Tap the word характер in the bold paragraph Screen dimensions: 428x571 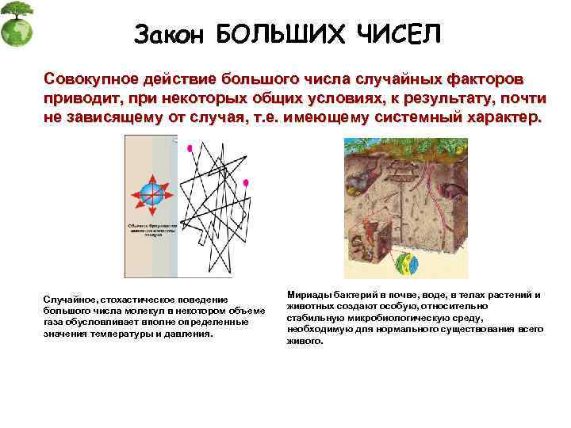pyautogui.click(x=499, y=118)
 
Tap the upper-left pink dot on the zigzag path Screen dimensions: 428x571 pyautogui.click(x=189, y=148)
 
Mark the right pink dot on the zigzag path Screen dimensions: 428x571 pyautogui.click(x=246, y=184)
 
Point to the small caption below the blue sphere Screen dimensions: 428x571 pyautogui.click(x=146, y=229)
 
